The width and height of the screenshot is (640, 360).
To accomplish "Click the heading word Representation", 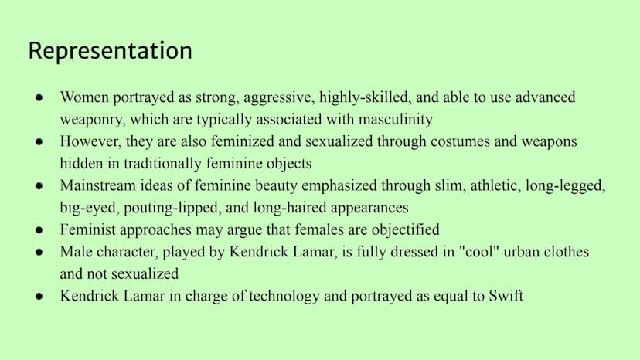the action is click(x=111, y=51).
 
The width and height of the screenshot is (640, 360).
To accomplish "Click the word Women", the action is click(x=84, y=97).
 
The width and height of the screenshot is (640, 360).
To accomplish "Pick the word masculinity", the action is click(x=396, y=120).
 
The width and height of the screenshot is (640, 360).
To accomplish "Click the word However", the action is click(x=90, y=141).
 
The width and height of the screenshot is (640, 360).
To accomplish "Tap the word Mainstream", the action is click(x=97, y=185).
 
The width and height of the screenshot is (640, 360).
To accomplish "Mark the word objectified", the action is click(x=405, y=229).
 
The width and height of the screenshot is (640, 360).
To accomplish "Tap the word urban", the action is click(x=523, y=252).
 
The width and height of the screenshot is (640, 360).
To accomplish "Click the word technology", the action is click(x=284, y=297).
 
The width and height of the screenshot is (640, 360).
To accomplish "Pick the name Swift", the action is click(x=506, y=296).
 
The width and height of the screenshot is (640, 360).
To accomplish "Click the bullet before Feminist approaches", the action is click(x=39, y=229).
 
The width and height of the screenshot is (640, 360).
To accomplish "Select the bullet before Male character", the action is click(x=39, y=252).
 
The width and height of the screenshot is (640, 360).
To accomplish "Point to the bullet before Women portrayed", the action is click(x=39, y=97).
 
